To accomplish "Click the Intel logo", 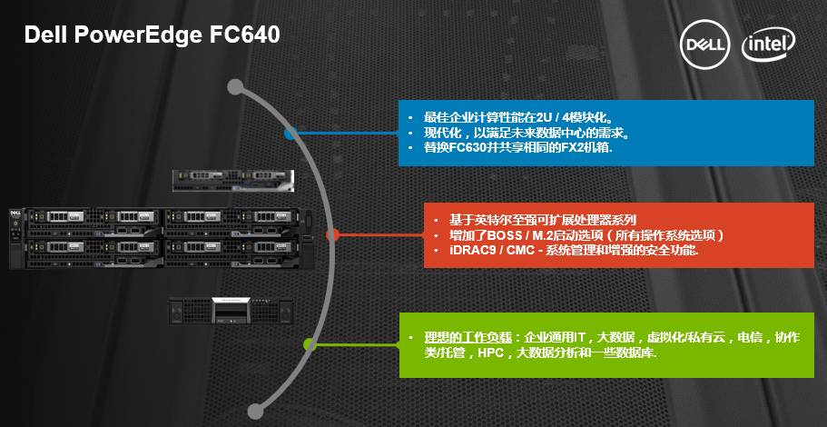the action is pyautogui.click(x=769, y=43).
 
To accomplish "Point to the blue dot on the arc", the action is pyautogui.click(x=290, y=134).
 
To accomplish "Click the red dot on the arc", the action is pyautogui.click(x=332, y=234).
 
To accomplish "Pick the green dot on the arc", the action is pyautogui.click(x=310, y=344).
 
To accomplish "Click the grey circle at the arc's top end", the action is pyautogui.click(x=235, y=87).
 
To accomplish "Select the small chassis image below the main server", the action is pyautogui.click(x=231, y=310).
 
